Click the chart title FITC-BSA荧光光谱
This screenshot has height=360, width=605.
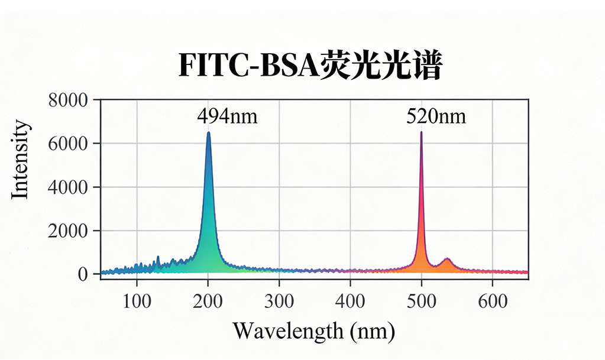tap(310, 66)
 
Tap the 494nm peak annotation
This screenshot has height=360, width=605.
tap(228, 116)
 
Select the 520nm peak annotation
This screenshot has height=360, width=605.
tap(436, 116)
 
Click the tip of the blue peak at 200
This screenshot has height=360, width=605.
tap(208, 133)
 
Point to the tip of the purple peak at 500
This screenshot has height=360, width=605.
tap(421, 132)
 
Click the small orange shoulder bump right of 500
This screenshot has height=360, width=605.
tap(447, 260)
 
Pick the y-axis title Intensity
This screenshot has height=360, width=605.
tap(21, 159)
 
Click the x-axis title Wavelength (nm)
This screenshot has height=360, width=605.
tap(313, 330)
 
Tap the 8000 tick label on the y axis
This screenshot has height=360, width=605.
tap(67, 100)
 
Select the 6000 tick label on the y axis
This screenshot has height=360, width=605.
tap(67, 144)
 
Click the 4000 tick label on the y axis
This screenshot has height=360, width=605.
tap(67, 187)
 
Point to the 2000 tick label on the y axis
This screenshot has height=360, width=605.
tap(67, 231)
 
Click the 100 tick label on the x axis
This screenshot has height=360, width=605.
tap(137, 301)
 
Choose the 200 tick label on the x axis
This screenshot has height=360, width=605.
tap(208, 301)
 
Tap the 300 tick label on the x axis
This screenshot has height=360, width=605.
tap(279, 301)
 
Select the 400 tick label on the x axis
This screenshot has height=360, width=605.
tap(350, 301)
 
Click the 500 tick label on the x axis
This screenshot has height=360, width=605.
tap(421, 301)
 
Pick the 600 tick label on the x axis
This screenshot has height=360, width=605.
tap(492, 301)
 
